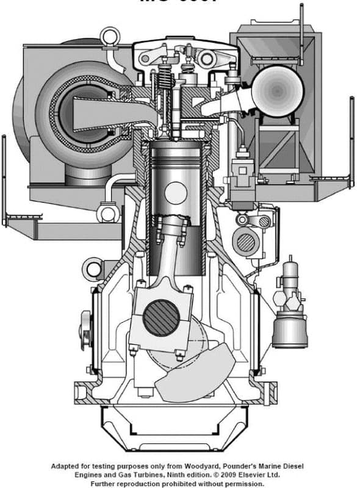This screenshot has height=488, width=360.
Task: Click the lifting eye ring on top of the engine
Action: click(x=110, y=36)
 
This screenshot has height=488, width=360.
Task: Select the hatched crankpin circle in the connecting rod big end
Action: click(x=162, y=317)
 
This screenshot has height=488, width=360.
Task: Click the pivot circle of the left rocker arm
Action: click(x=146, y=57)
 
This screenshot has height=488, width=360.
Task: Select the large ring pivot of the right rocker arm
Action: click(x=206, y=59)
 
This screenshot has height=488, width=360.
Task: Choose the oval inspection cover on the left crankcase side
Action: click(x=85, y=330)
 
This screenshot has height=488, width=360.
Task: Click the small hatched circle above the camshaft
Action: click(x=264, y=221)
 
